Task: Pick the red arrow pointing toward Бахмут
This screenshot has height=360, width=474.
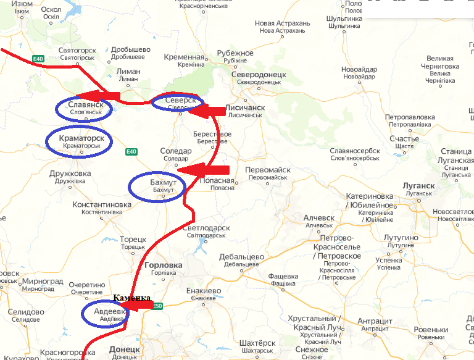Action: [203, 169]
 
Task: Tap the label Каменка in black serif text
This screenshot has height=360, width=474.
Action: [132, 298]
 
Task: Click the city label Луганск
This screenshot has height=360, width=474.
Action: [418, 185]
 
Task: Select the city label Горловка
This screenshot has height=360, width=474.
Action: [163, 265]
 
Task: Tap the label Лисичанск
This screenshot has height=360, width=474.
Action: [246, 107]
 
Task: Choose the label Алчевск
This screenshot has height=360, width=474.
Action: [318, 218]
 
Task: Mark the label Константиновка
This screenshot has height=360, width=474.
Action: [101, 204]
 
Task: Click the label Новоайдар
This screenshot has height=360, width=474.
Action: [359, 69]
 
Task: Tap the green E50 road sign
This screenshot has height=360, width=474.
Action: [157, 306]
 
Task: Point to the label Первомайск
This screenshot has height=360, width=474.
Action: [267, 170]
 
